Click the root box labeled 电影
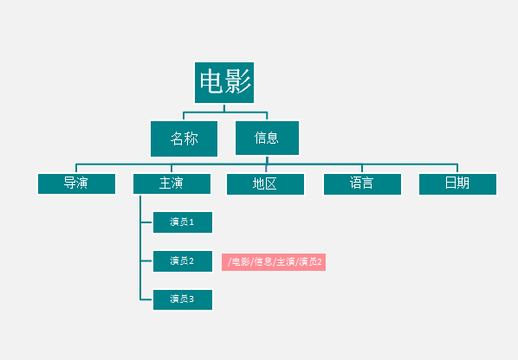point(224,82)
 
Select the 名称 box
point(184,138)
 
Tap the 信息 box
point(267,138)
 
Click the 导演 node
point(76,183)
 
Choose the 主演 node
point(172,183)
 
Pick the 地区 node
point(265,184)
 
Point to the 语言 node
point(362,184)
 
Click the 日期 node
point(457,184)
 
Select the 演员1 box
point(183,222)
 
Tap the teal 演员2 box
point(183,261)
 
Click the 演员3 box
point(183,299)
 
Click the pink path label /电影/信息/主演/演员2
point(274,262)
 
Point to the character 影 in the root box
point(238,81)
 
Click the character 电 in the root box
point(211,81)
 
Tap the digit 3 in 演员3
point(191,299)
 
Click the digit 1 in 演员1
point(191,222)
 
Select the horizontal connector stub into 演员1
point(146,222)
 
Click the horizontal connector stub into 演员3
point(146,299)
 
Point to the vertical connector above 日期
point(457,168)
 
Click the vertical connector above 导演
point(76,168)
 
